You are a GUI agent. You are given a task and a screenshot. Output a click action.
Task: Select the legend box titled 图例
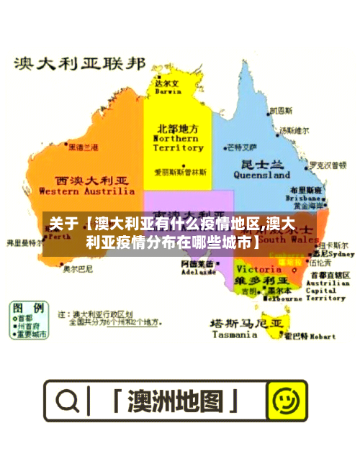click(30, 320)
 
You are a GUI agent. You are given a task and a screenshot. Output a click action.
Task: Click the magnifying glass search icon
click(68, 400)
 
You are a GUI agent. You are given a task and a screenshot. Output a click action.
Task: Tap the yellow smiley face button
click(287, 401)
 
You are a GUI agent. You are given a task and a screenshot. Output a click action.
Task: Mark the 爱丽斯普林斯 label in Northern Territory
click(181, 173)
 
